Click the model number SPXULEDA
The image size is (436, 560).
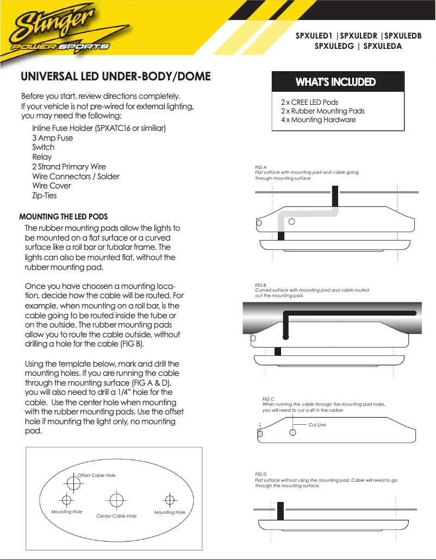[x=382, y=46]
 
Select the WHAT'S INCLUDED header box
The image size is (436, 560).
[x=335, y=82]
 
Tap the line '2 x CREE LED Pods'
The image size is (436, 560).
[x=309, y=102]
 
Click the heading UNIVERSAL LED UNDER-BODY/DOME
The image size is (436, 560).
[x=115, y=76]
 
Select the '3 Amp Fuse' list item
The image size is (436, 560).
[x=52, y=138]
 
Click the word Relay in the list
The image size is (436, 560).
[x=42, y=157]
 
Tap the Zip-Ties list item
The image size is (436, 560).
[x=44, y=196]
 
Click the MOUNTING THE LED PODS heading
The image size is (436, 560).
[x=64, y=217]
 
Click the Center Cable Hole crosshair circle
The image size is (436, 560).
[x=115, y=499]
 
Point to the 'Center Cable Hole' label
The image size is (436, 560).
[x=116, y=516]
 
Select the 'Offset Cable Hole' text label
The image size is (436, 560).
[x=96, y=475]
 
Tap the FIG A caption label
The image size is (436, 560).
[x=261, y=167]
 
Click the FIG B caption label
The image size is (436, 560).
[x=261, y=285]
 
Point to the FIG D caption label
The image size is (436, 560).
[x=261, y=474]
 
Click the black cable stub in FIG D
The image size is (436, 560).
[x=281, y=511]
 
